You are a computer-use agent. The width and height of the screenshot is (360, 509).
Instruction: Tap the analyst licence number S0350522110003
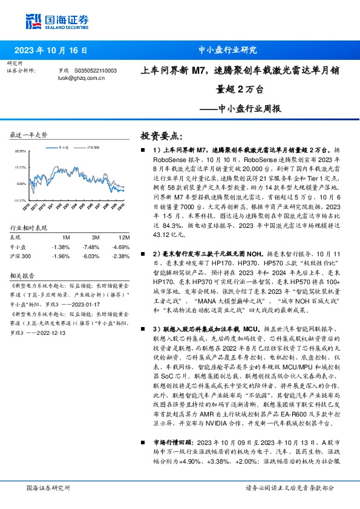coord(94,70)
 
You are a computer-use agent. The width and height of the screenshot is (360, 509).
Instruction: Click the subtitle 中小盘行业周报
coord(249,110)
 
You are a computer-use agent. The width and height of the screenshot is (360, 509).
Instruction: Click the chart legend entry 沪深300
coord(93,147)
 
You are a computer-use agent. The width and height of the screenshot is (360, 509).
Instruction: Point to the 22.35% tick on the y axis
coord(20,151)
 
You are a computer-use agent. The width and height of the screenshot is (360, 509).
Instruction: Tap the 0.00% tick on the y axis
coord(21,184)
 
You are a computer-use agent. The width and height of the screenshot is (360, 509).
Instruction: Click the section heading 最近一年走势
coord(28,135)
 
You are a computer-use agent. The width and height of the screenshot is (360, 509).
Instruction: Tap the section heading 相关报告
coord(22,273)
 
